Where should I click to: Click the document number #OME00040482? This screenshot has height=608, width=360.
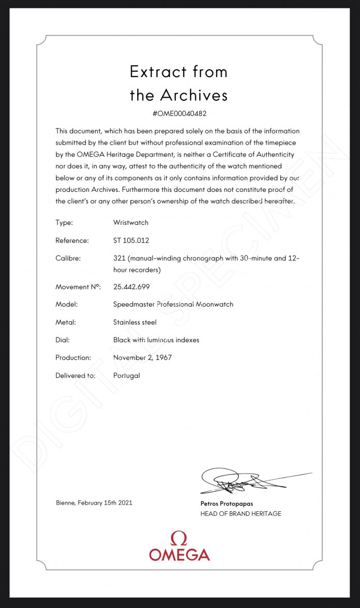179,113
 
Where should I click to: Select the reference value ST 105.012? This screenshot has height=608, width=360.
132,240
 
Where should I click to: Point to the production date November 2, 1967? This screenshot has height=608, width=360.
142,357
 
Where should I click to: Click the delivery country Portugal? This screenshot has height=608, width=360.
126,375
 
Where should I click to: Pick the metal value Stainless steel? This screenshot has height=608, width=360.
134,322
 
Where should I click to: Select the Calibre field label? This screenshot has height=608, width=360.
68,258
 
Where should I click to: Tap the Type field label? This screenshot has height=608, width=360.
64,222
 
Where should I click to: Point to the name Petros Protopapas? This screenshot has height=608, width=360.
227,503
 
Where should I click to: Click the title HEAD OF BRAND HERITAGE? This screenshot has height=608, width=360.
241,513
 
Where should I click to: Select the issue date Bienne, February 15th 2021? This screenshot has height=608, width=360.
94,503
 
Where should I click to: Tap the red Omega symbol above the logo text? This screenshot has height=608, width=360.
179,538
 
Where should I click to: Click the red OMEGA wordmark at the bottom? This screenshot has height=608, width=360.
179,555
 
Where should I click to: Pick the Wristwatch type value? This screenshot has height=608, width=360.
130,222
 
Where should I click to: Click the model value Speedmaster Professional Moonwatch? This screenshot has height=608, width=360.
173,304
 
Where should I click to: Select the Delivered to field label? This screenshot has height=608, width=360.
76,375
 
